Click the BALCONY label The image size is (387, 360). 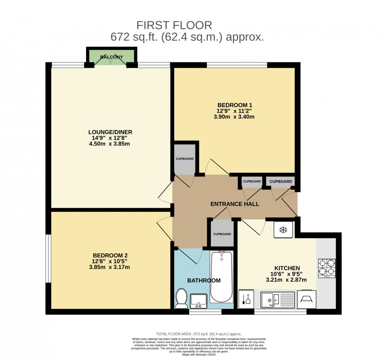[111, 57]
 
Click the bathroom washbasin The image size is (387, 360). [199, 301]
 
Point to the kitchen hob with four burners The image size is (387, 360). [326, 268]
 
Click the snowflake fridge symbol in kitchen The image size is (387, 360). [283, 230]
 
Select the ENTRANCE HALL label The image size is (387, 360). [235, 204]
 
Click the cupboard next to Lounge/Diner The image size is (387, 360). [184, 159]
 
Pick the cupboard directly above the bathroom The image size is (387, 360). [222, 234]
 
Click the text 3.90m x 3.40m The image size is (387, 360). [235, 117]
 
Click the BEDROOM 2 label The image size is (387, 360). [110, 255]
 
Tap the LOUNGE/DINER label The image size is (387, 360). [110, 132]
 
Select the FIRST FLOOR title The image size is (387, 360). [174, 25]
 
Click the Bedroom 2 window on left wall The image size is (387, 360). [47, 259]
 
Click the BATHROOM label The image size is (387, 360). [204, 281]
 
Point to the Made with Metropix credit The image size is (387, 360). [199, 354]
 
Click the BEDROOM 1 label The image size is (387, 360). [235, 105]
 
